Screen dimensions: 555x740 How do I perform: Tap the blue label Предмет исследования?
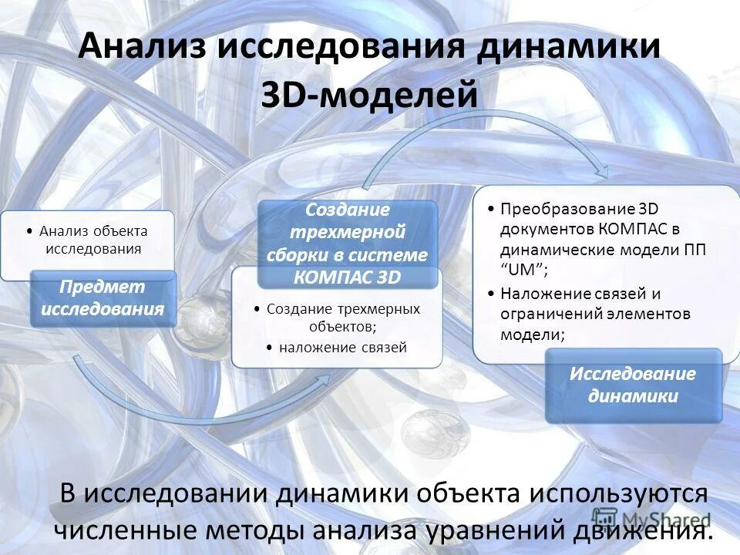pyautogui.click(x=103, y=298)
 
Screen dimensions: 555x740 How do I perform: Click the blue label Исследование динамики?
pyautogui.click(x=633, y=385)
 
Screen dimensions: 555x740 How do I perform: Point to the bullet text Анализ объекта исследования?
pyautogui.click(x=93, y=240)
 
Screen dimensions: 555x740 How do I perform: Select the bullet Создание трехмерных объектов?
pyautogui.click(x=343, y=317)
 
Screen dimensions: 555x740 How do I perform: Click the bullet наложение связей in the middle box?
pyautogui.click(x=342, y=348)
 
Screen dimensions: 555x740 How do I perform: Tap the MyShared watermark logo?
pyautogui.click(x=652, y=519)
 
